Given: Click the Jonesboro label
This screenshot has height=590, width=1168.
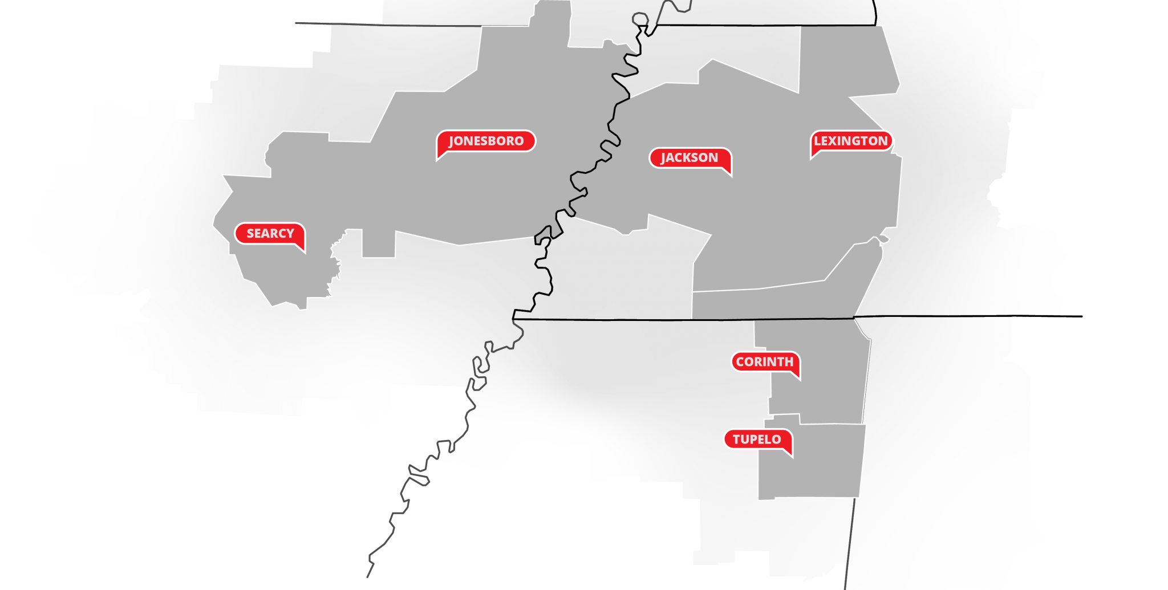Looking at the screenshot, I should pyautogui.click(x=486, y=141).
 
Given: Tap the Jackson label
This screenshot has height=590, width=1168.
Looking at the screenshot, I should pyautogui.click(x=689, y=157).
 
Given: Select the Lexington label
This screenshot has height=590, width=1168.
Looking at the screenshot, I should pyautogui.click(x=851, y=141).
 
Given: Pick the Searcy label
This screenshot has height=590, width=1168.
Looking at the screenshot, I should pyautogui.click(x=270, y=233).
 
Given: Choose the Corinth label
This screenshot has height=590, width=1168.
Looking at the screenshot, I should pyautogui.click(x=765, y=361).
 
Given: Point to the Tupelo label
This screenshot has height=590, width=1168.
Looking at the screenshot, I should pyautogui.click(x=757, y=439).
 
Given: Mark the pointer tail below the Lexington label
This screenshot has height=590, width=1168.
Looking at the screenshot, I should pyautogui.click(x=814, y=156).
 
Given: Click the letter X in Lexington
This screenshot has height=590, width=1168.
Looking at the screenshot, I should pyautogui.click(x=833, y=141).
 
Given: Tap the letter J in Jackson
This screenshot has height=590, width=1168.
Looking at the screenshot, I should pyautogui.click(x=663, y=158).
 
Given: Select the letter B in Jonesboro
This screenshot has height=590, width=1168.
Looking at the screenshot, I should pyautogui.click(x=493, y=141).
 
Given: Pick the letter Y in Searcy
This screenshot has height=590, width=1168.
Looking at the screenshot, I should pyautogui.click(x=290, y=233).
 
